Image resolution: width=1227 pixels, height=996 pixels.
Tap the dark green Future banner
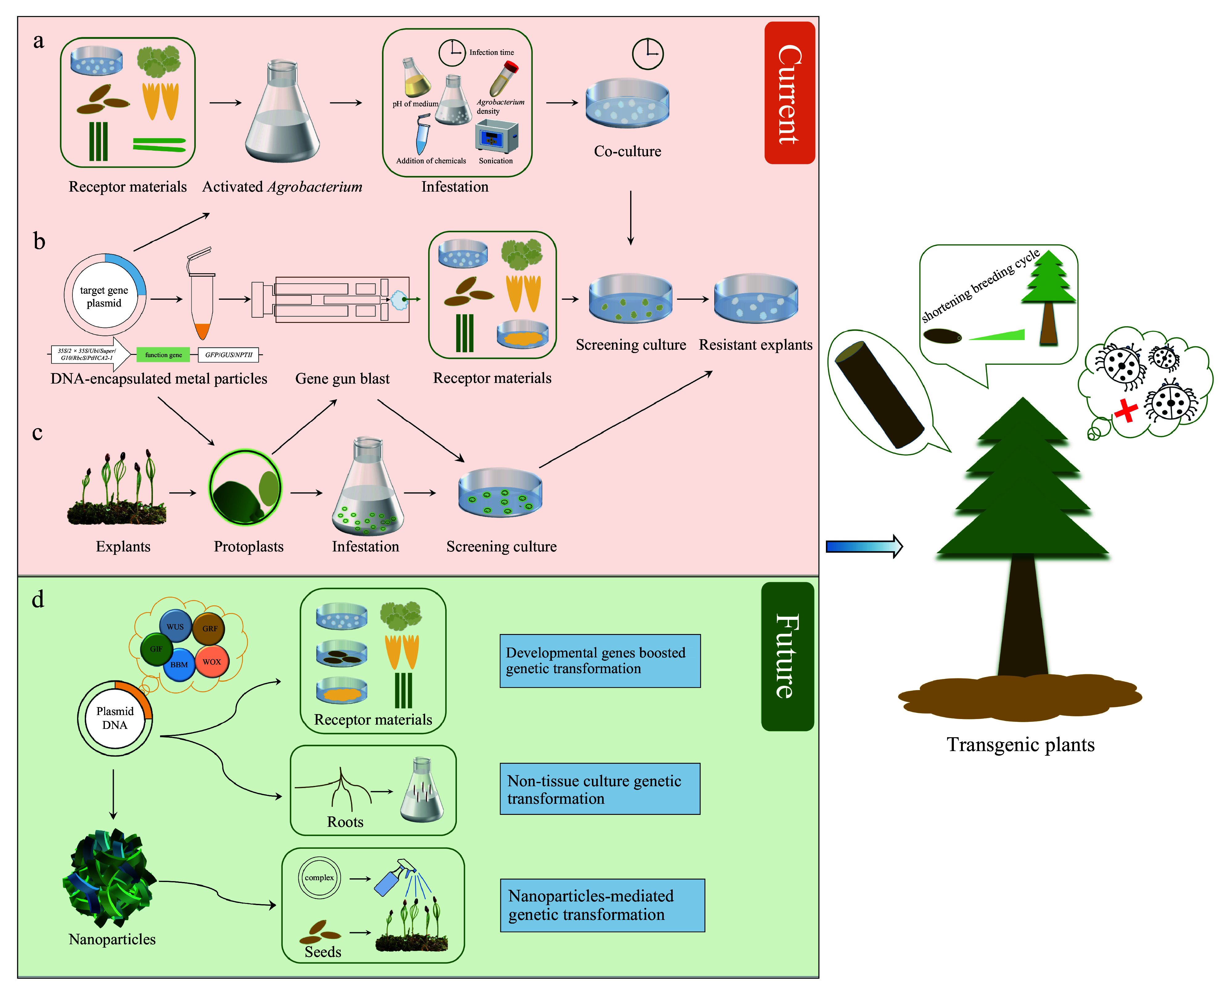click(787, 656)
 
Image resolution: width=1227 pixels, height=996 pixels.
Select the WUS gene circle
click(175, 627)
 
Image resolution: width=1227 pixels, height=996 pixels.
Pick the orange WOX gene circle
click(211, 661)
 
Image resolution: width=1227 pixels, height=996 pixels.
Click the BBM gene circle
click(179, 665)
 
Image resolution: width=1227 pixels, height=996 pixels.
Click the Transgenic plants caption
click(1020, 745)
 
